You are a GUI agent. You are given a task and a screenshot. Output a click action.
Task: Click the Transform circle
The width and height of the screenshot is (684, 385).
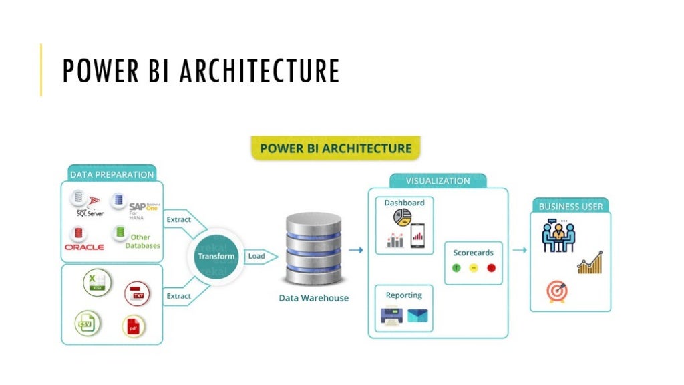point(216,257)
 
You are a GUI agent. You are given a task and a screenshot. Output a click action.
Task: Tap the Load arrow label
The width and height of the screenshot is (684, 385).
point(257,257)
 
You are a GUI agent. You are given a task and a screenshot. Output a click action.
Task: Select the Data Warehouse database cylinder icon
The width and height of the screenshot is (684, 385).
point(313,249)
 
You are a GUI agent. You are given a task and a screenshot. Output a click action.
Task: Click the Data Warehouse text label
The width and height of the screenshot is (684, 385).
point(313,298)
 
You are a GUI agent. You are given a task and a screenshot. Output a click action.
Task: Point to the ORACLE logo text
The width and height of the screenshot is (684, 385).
point(84,247)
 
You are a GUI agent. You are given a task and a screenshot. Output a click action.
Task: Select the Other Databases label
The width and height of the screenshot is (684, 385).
point(142,241)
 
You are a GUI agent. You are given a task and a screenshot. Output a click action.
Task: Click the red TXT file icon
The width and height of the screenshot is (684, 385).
point(137,293)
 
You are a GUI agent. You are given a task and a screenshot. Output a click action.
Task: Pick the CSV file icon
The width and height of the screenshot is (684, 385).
point(87,324)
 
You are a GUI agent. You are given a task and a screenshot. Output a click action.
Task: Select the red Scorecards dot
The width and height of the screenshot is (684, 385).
point(491,268)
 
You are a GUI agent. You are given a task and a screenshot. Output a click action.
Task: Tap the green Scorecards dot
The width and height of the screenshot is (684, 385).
point(456,268)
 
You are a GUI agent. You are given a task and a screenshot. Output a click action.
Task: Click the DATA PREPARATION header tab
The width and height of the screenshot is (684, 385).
point(112,174)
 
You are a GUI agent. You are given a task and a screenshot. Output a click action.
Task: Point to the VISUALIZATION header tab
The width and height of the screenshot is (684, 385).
point(438,181)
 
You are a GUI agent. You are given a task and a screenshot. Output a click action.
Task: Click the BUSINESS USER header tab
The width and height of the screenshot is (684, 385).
point(570,206)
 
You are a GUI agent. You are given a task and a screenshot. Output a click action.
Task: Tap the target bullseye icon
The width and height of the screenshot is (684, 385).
point(556,291)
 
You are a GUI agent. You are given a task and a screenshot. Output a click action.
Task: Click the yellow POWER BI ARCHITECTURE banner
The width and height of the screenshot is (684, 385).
point(335,148)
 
